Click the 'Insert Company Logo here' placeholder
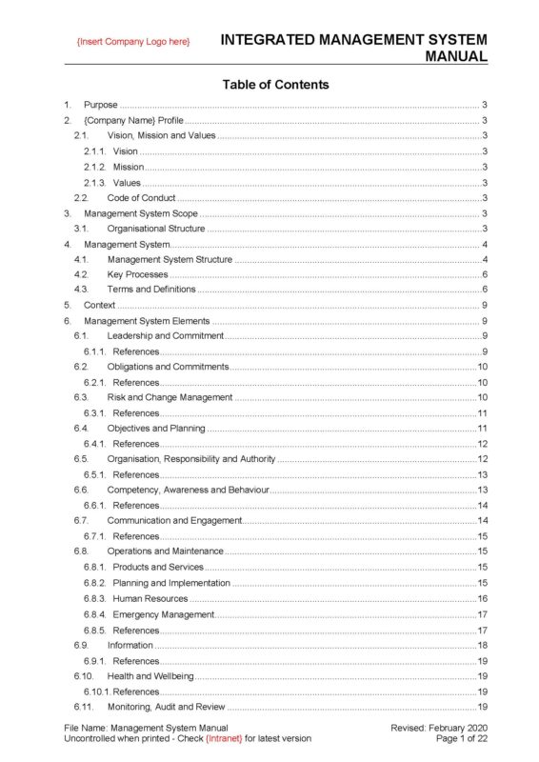coord(133,43)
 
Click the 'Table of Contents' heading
coord(275,85)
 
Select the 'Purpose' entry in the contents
coord(101,105)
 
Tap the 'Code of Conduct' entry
coord(141,198)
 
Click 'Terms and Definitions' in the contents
coord(151,290)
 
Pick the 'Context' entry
coord(100,306)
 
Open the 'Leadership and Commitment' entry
coord(165,336)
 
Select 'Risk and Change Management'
coord(170,397)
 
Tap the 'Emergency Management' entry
coord(163,614)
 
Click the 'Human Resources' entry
coord(150,599)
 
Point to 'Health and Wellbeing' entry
coord(150,676)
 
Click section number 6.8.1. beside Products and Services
coord(95,568)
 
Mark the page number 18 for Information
coord(483,646)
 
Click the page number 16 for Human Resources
coord(483,599)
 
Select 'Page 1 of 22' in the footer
coord(461,738)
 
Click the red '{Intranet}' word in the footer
coord(225,738)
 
